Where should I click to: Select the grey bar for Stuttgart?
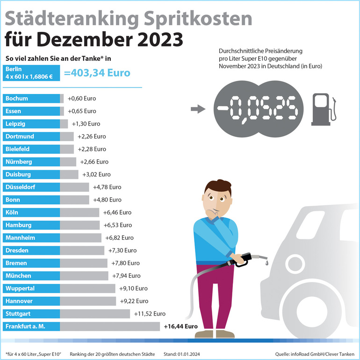95,314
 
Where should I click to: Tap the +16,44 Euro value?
181,326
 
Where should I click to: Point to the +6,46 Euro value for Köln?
115,212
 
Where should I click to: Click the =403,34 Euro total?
97,73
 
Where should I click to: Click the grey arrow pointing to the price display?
198,109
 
